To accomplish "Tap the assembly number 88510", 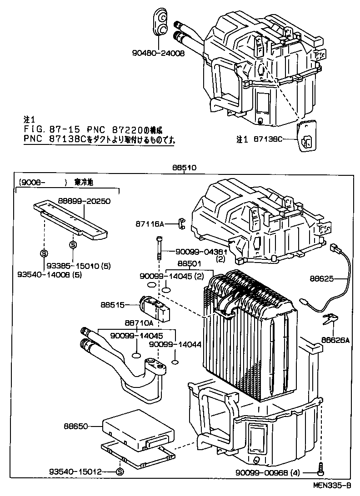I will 184,168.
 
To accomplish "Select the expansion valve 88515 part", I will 155,307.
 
